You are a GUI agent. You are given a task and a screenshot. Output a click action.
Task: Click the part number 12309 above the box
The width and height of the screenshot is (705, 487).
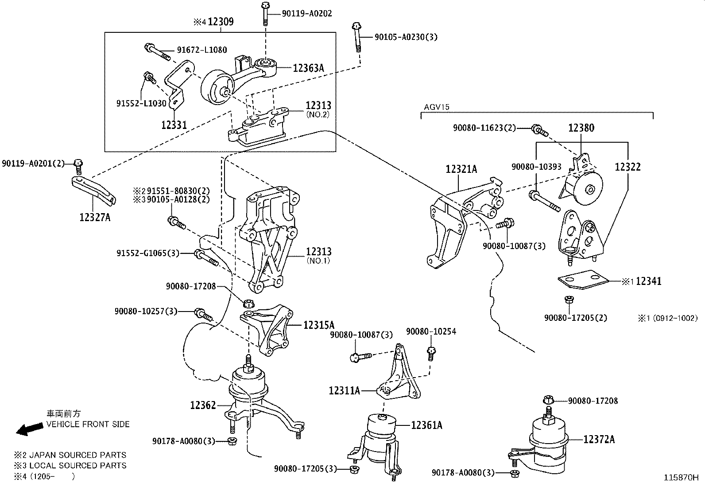(221, 22)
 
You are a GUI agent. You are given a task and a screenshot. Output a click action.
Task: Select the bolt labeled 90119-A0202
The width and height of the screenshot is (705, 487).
(265, 14)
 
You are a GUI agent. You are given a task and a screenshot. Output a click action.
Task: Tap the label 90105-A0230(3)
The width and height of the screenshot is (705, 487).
(406, 37)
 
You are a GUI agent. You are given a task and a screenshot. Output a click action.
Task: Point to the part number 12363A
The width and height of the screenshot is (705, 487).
(308, 68)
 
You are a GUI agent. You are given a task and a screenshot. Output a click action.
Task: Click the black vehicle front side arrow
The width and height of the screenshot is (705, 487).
(30, 429)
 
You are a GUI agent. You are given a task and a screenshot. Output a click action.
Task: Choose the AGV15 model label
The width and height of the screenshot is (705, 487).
(437, 107)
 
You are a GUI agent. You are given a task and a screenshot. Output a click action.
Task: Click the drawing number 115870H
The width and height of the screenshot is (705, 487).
(681, 478)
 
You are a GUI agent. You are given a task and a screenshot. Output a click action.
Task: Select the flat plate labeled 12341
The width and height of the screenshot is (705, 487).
(583, 279)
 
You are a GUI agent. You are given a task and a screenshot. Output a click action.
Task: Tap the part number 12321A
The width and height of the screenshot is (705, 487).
(461, 169)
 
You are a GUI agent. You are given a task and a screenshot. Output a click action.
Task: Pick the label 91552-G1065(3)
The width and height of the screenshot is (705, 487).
(148, 253)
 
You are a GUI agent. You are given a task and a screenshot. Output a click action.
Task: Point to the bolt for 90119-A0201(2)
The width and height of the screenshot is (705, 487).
(78, 167)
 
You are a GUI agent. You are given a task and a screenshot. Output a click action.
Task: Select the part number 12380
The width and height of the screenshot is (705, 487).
(581, 128)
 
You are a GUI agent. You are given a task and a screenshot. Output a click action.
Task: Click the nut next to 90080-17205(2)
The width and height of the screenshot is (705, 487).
(569, 299)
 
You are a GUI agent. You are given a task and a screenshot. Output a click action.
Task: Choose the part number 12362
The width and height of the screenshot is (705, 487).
(203, 405)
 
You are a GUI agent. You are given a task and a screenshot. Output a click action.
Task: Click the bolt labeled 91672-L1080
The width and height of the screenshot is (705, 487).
(157, 52)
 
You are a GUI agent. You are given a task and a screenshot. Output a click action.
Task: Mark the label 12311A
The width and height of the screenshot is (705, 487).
(345, 390)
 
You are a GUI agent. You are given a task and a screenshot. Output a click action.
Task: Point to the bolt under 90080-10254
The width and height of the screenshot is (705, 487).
(431, 354)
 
